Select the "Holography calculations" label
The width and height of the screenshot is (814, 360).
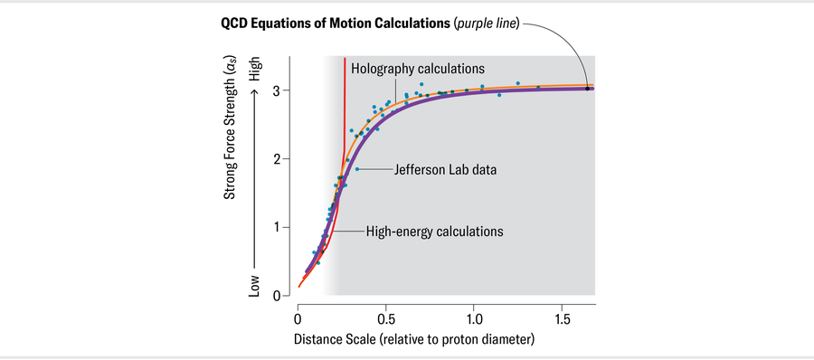tap(418, 69)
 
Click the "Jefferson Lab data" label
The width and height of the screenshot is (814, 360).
tap(445, 169)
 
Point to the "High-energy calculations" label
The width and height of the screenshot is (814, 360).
tap(434, 232)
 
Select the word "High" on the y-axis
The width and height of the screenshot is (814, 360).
tap(255, 71)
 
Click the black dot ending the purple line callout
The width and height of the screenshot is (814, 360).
tap(587, 89)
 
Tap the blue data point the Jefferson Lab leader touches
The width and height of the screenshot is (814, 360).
tap(357, 169)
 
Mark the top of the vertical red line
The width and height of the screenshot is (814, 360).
tap(345, 60)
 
